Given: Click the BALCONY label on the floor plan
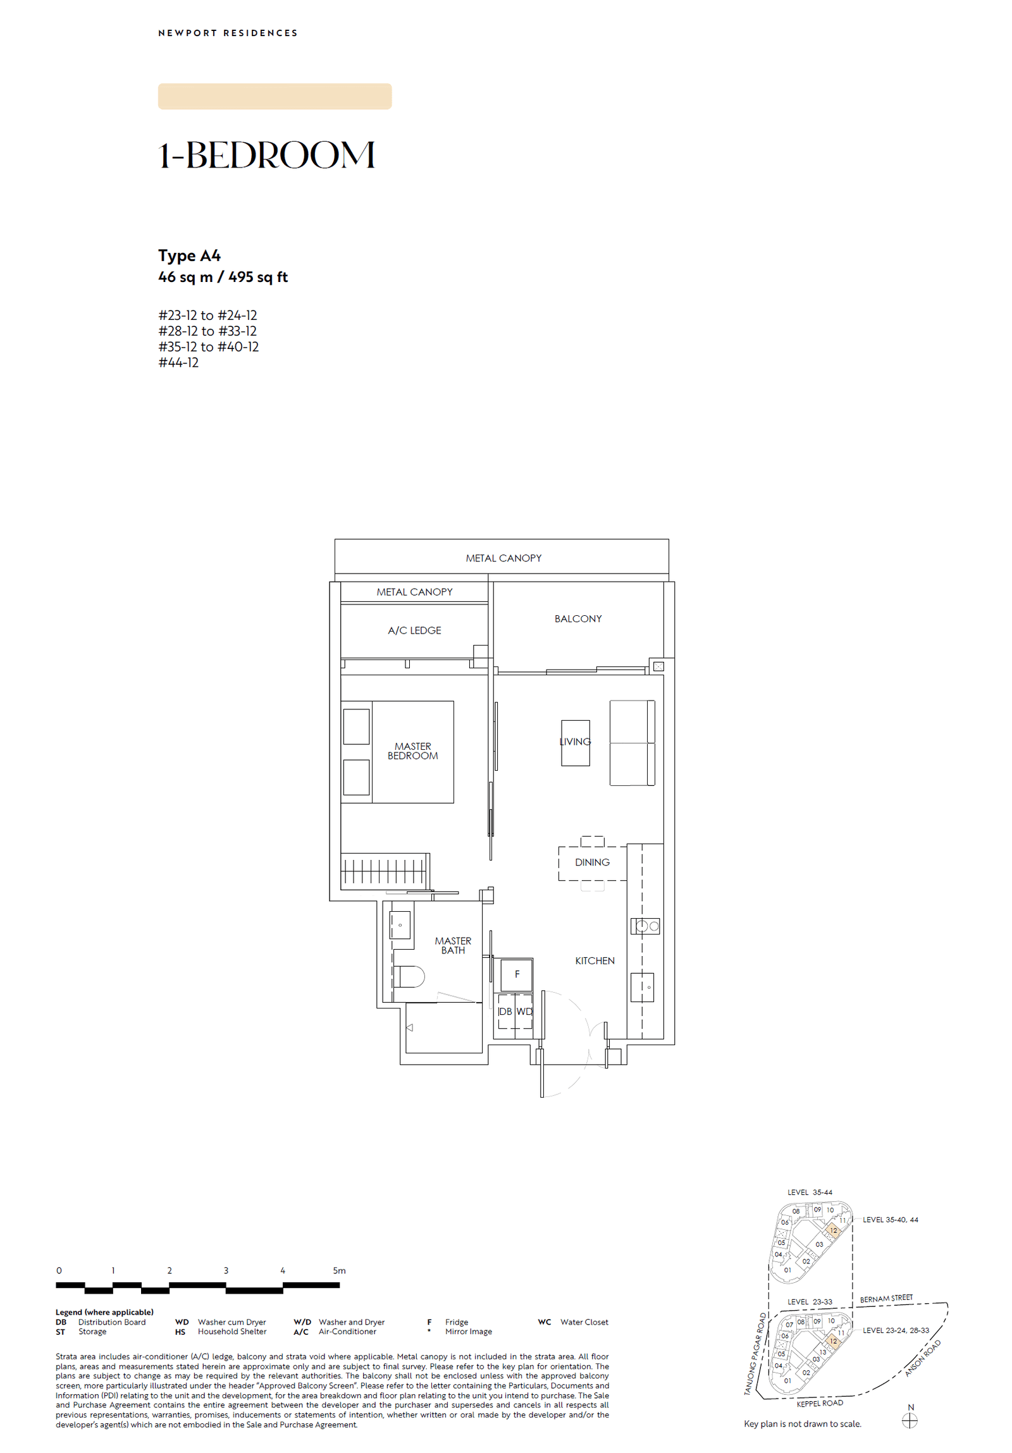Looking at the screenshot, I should coord(577,618).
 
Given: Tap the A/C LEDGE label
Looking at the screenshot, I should coord(414,630).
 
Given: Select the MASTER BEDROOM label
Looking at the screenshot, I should coord(412,751).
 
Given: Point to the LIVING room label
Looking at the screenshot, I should coord(575,741).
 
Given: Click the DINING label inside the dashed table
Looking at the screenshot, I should coord(592,862).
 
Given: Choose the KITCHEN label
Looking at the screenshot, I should coord(595,960).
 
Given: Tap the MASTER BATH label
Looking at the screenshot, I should coord(452,945).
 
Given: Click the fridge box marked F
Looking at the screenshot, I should coord(517,974).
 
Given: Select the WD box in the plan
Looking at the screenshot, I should coord(524,1011).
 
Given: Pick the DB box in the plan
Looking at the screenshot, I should coord(505,1011).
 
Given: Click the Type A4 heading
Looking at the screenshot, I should coord(189,255).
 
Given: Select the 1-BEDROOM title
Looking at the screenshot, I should coord(266,155).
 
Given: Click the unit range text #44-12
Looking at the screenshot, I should coord(178,362).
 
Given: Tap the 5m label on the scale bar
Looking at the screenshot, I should coord(339,1270).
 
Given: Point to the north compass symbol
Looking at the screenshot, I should coord(910,1421).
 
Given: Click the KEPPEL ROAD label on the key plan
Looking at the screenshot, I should coord(819,1403).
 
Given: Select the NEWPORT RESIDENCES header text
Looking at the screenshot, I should coord(228,33).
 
